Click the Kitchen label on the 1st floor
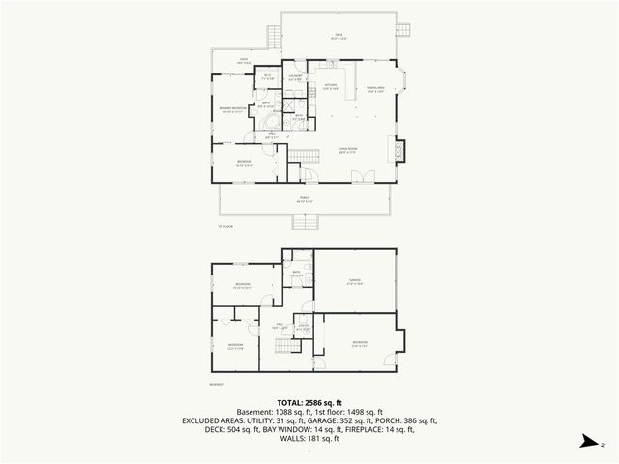coord(330,87)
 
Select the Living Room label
coord(348,150)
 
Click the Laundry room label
coord(297,76)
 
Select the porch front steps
coord(305,221)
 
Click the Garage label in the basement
coord(355,281)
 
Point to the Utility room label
coord(303,328)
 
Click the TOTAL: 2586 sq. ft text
coord(309,402)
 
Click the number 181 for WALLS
coord(313,439)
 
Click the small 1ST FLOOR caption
coord(225,227)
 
